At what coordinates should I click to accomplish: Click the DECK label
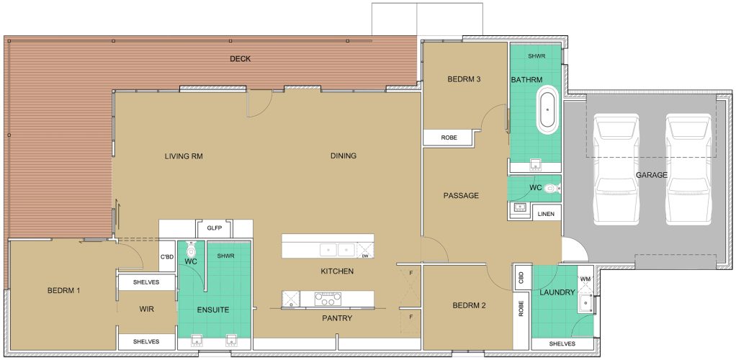[x=240, y=58]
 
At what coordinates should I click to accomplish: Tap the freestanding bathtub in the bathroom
[x=547, y=110]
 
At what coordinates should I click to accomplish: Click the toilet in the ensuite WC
[x=191, y=248]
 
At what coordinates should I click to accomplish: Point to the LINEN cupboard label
[x=547, y=214]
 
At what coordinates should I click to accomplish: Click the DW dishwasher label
[x=364, y=256]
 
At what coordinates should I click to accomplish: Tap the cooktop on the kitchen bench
[x=328, y=299]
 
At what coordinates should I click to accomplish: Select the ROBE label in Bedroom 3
[x=449, y=138]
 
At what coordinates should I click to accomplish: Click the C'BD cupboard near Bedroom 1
[x=167, y=256]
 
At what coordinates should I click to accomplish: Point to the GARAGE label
[x=652, y=175]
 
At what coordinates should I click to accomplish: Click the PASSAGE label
[x=461, y=195]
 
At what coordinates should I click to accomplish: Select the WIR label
[x=146, y=310]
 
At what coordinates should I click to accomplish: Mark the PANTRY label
[x=337, y=318]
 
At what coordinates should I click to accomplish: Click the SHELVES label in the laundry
[x=562, y=343]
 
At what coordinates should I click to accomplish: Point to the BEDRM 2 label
[x=470, y=305]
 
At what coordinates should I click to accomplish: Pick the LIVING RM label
[x=184, y=156]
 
